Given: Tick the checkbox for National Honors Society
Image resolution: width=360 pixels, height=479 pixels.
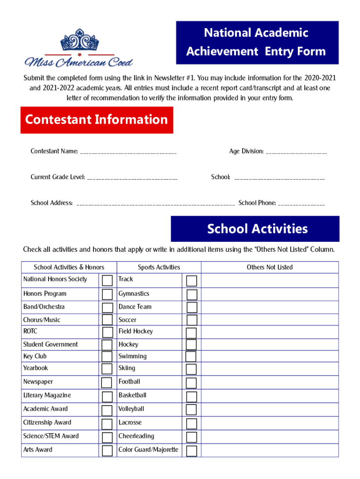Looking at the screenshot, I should (x=108, y=281).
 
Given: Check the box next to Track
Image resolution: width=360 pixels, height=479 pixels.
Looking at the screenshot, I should (x=192, y=281).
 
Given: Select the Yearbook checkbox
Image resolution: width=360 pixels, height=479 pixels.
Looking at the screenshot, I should (x=108, y=370).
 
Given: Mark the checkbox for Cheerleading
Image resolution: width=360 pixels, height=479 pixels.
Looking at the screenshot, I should (x=192, y=437).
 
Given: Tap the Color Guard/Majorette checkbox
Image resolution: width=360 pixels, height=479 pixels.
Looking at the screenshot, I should (x=192, y=451).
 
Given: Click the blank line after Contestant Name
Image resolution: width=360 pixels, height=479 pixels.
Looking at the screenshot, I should (x=128, y=152).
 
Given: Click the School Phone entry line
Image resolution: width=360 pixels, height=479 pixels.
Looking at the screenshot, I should (x=301, y=203).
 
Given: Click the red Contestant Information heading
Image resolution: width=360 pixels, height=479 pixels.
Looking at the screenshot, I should (x=97, y=120).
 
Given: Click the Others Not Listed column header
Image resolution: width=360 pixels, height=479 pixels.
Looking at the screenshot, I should (x=270, y=267).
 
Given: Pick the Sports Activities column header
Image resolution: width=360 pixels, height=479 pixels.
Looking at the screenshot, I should (x=158, y=267).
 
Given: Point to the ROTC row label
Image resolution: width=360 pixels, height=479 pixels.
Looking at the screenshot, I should (x=30, y=331).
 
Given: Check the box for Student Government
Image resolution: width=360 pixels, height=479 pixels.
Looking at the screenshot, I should (x=108, y=345).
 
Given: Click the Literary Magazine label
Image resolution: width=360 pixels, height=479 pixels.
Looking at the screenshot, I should (x=47, y=395).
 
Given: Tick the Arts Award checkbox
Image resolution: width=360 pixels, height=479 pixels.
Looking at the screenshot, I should (x=108, y=451).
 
